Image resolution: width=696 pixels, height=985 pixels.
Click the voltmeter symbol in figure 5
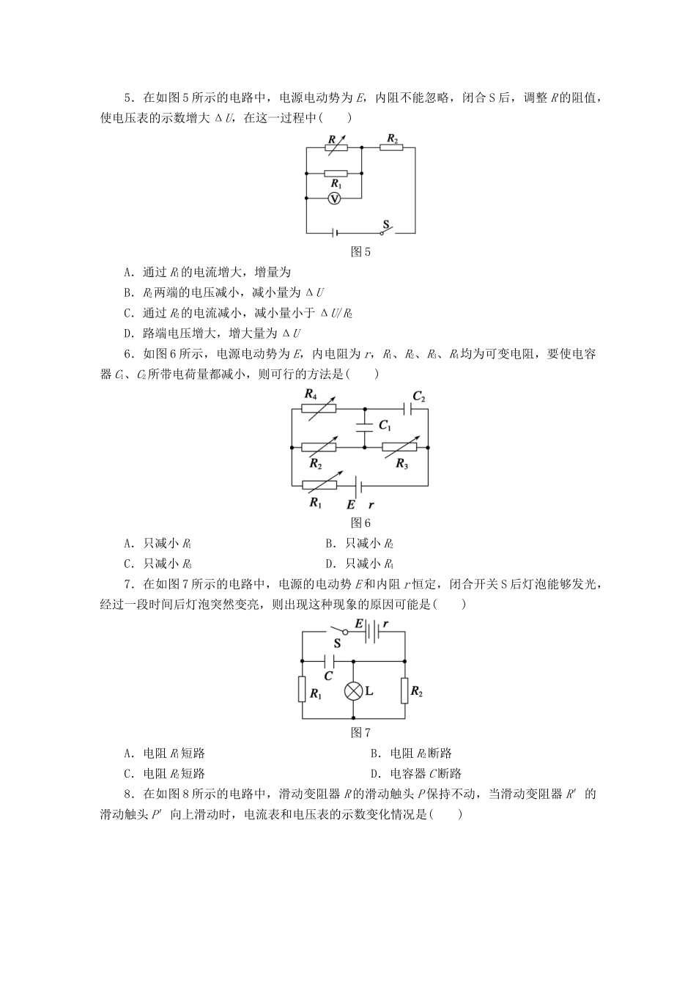click(x=334, y=199)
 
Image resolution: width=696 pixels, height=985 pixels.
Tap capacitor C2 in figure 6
click(x=407, y=409)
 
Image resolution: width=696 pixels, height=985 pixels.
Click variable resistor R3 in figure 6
click(x=400, y=446)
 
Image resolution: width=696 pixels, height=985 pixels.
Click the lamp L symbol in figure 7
click(x=354, y=691)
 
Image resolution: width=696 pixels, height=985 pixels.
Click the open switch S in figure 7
click(x=338, y=630)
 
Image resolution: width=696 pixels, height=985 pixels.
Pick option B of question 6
click(x=360, y=544)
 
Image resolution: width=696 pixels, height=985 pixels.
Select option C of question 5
click(x=238, y=313)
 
